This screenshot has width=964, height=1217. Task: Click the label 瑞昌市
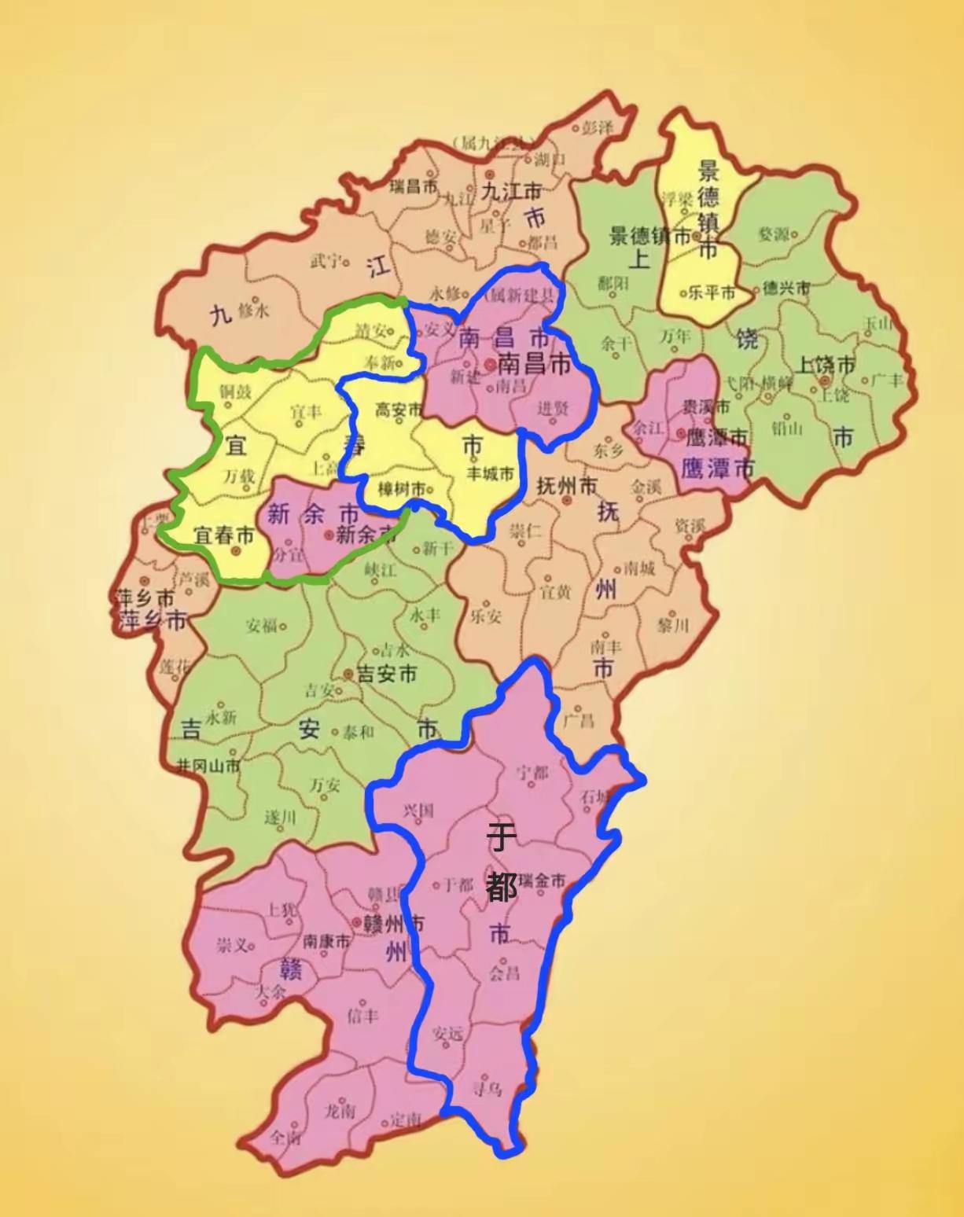pyautogui.click(x=414, y=186)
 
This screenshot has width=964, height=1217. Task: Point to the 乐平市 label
pyautogui.click(x=710, y=292)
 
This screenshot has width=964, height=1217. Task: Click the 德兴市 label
pyautogui.click(x=786, y=289)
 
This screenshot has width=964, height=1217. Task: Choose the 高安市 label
pyautogui.click(x=398, y=410)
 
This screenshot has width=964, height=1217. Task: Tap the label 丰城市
pyautogui.click(x=490, y=474)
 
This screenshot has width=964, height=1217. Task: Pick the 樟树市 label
pyautogui.click(x=401, y=489)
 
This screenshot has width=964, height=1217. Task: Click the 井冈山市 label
pyautogui.click(x=208, y=765)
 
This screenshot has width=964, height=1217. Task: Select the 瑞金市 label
pyautogui.click(x=543, y=881)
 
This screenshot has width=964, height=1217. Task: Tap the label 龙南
pyautogui.click(x=340, y=1110)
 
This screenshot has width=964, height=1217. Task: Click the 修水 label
pyautogui.click(x=252, y=310)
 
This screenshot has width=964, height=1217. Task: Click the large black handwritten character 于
pyautogui.click(x=502, y=837)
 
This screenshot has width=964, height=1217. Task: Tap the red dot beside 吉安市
pyautogui.click(x=348, y=674)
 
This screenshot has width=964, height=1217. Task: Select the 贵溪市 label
pyautogui.click(x=705, y=407)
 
